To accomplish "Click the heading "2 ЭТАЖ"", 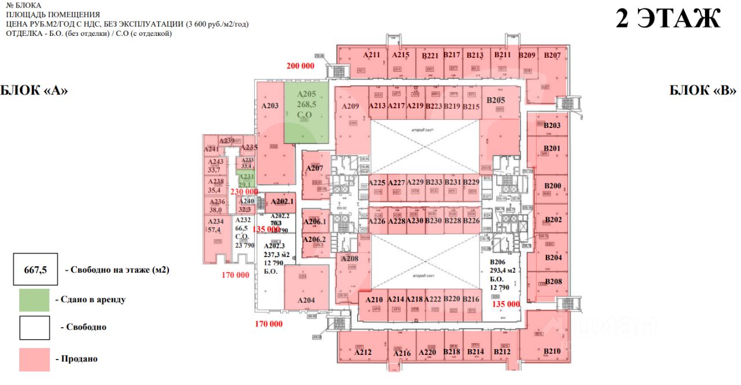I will point(667,19).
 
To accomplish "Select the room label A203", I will point(270,106).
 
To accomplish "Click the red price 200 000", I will point(300,66).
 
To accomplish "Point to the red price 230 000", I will point(244,192).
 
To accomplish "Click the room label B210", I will point(552,351).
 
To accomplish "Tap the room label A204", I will point(306,300).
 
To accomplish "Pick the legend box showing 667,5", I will point(35,269).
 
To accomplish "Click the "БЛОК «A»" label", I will point(34,90).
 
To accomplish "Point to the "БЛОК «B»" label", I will point(702,90).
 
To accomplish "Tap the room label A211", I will point(372,56).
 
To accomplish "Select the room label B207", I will point(553,56).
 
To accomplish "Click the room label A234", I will point(215,222).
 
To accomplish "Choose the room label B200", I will point(553,186).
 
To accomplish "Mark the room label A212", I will point(363,352).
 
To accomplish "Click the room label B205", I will point(496,100).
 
